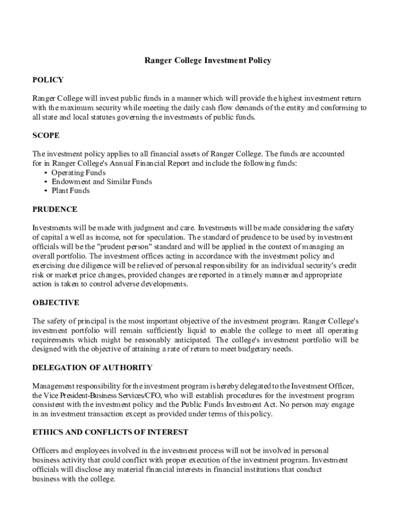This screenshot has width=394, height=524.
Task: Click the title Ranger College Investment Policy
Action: pyautogui.click(x=207, y=60)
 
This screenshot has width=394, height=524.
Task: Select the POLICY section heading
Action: pyautogui.click(x=48, y=80)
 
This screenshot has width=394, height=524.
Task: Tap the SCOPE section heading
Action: pyautogui.click(x=46, y=136)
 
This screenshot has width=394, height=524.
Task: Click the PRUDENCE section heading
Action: pyautogui.click(x=55, y=209)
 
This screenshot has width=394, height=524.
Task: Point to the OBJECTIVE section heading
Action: pyautogui.click(x=56, y=303)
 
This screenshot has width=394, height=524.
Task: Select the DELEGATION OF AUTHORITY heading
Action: pyautogui.click(x=92, y=368)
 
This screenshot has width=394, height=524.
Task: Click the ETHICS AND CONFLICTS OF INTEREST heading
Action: pyautogui.click(x=110, y=432)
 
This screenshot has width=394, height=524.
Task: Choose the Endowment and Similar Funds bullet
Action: pyautogui.click(x=101, y=182)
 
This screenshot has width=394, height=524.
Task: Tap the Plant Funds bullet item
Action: pyautogui.click(x=70, y=191)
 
